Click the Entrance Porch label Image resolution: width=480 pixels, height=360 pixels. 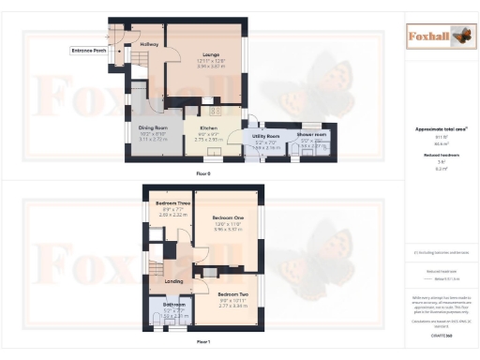87,50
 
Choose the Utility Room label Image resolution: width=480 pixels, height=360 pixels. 267,135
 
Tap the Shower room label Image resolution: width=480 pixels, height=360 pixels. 311,135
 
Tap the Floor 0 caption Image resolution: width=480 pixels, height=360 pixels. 203,173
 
